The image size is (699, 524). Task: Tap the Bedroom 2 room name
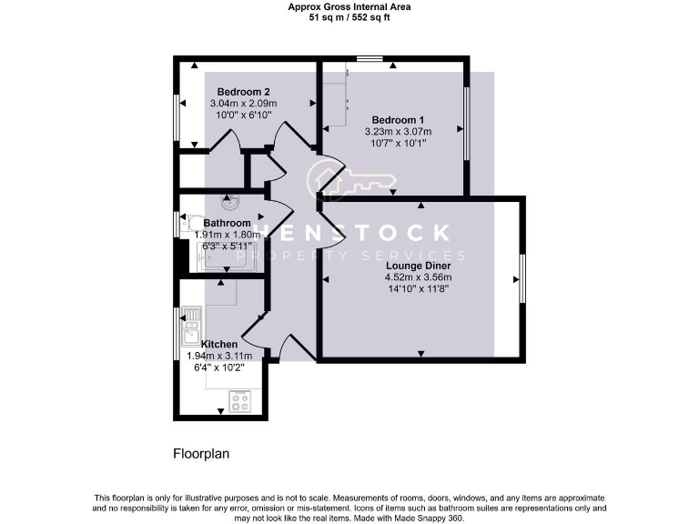243,92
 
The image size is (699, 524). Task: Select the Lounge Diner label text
419,265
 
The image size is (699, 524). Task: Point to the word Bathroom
227,223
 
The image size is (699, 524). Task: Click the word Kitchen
219,344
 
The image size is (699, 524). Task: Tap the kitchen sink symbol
192,326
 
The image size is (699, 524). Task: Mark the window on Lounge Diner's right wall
522,278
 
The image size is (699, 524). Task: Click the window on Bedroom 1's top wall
369,59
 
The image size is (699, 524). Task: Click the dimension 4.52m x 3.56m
419,277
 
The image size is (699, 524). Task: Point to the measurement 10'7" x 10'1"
398,143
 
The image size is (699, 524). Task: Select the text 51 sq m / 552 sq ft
349,16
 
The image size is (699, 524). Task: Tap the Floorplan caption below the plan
199,452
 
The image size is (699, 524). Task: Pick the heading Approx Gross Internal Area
349,6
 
